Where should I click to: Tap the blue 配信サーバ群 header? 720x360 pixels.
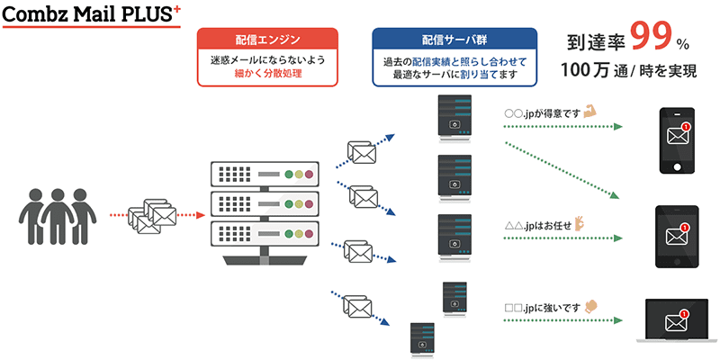[454, 40]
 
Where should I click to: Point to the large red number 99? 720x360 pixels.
[652, 37]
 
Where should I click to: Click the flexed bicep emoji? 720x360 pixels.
[589, 113]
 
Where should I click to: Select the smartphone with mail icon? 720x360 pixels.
[678, 142]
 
